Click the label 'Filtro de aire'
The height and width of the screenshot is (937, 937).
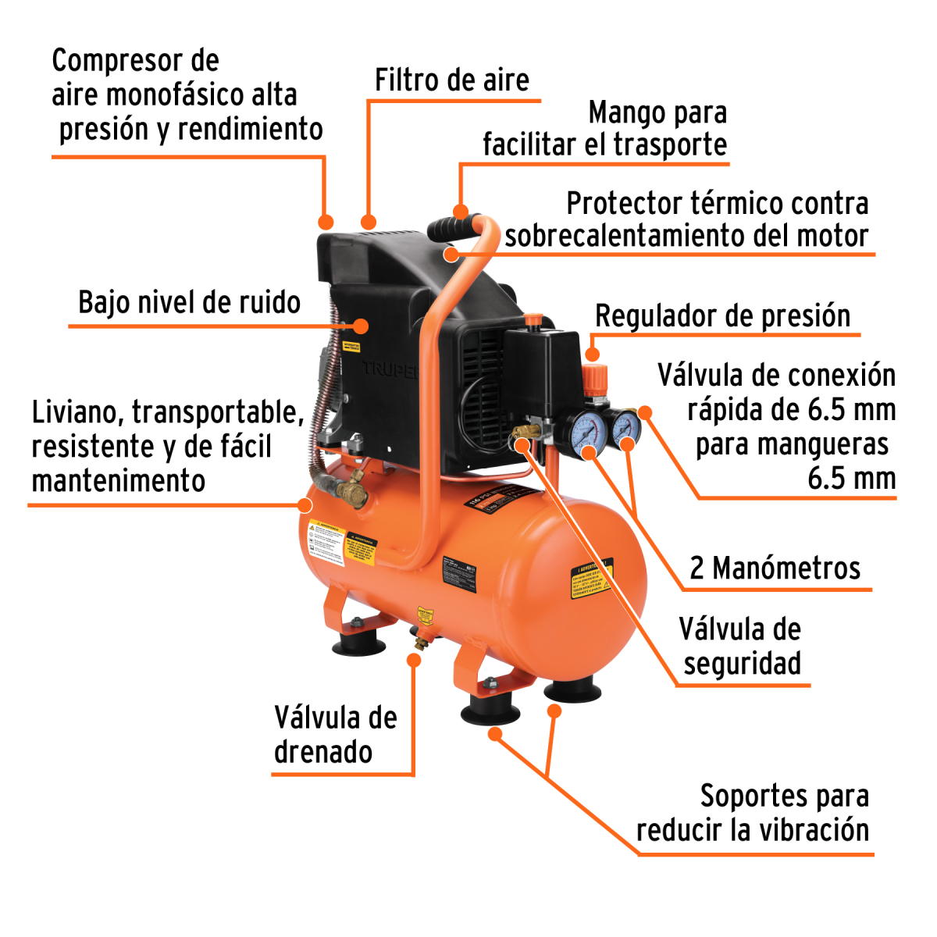click(451, 80)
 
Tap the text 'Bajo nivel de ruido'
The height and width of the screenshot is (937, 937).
click(189, 303)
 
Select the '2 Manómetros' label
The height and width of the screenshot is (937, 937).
click(775, 568)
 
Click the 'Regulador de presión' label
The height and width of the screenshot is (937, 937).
click(722, 316)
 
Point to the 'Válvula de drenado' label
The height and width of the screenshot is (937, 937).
click(335, 735)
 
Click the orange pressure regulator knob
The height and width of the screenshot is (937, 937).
click(595, 378)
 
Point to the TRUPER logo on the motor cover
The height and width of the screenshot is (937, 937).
click(390, 369)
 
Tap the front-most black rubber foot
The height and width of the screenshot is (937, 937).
click(490, 713)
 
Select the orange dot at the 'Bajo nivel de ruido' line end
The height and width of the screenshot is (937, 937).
click(362, 326)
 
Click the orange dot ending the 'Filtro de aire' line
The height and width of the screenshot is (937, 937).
click(369, 222)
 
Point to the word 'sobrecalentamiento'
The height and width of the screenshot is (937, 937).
click(626, 236)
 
